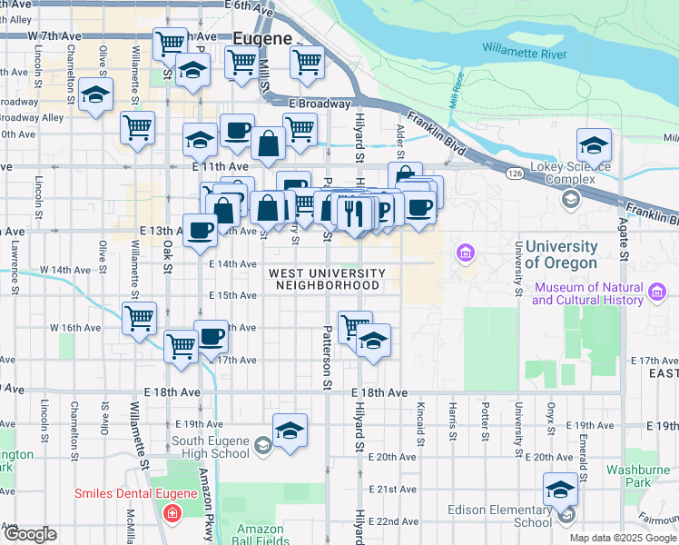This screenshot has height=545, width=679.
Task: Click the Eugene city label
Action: tap(262, 39)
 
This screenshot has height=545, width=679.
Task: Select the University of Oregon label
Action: tap(561, 255)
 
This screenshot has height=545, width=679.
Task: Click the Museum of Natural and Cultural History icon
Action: tap(657, 292)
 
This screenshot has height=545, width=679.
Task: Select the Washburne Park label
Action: tap(638, 476)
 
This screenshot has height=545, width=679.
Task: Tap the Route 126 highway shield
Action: tap(515, 172)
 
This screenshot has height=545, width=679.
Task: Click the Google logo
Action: tap(29, 534)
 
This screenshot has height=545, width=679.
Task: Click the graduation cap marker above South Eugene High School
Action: tap(290, 431)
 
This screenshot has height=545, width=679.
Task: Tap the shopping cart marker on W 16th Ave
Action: tap(139, 319)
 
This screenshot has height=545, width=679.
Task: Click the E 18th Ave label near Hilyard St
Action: tap(379, 391)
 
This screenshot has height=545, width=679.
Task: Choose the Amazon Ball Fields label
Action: tap(261, 534)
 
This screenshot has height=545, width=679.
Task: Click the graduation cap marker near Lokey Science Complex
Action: tap(594, 145)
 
